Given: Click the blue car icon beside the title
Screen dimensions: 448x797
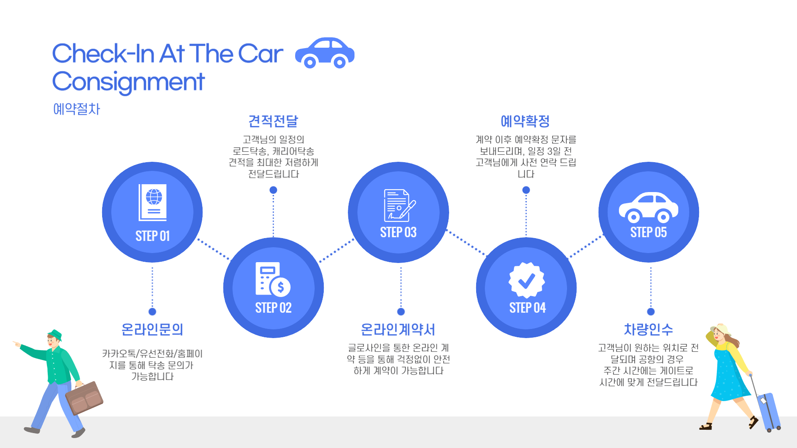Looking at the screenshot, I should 325,53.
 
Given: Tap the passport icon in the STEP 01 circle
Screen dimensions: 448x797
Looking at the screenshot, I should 153,202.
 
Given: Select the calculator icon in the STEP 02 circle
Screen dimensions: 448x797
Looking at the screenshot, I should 272,279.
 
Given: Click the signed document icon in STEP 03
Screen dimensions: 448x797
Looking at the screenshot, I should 399,205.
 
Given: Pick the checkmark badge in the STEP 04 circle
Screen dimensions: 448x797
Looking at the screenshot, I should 526,280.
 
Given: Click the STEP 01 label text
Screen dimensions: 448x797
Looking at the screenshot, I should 153,236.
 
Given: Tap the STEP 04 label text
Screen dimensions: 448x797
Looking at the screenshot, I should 527,308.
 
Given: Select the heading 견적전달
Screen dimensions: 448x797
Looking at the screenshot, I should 273,121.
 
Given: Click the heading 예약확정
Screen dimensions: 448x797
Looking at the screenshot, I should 525,121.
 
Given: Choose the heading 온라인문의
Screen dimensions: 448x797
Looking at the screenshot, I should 152,329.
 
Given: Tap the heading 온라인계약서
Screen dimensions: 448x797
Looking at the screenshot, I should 398,329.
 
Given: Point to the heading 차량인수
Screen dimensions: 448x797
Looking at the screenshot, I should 648,329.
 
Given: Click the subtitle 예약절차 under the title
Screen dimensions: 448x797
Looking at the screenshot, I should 77,109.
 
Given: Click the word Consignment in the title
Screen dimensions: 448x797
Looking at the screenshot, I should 129,82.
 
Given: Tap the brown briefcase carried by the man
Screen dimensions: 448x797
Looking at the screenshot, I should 85,398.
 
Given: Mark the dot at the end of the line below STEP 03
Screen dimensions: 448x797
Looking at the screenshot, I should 401,312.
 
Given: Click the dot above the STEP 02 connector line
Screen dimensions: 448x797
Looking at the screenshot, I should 273,190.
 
